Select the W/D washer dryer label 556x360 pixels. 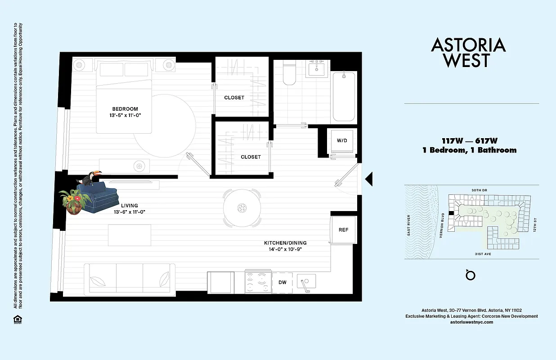(342, 140)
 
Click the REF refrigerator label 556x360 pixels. (343, 229)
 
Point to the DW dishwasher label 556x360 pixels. (282, 282)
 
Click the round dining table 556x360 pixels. (242, 208)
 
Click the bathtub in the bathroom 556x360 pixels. (344, 96)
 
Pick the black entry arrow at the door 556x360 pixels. (368, 179)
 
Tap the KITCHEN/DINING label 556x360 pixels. (285, 243)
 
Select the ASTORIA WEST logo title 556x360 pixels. (468, 53)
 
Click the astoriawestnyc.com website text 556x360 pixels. (471, 322)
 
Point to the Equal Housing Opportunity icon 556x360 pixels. (17, 319)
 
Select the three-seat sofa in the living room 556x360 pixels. (130, 279)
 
